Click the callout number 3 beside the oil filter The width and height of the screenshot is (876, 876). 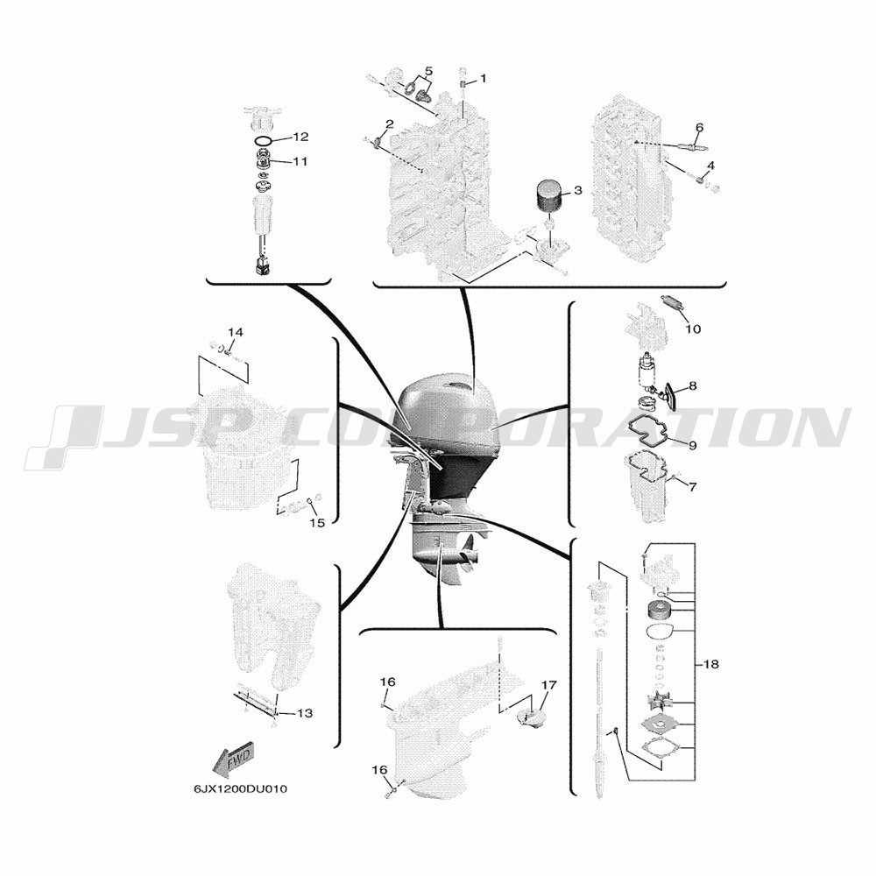pos(577,190)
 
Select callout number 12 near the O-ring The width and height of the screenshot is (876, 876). pos(300,137)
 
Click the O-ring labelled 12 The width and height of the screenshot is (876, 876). pos(263,139)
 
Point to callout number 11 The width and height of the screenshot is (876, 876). pos(300,161)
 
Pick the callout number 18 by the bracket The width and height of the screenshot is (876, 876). pos(711,664)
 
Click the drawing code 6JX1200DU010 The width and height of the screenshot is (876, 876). pos(240,789)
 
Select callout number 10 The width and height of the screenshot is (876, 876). pos(693,329)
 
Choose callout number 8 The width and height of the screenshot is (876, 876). pos(693,385)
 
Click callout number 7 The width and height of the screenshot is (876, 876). pos(693,487)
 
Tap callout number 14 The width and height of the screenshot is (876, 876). pos(236,332)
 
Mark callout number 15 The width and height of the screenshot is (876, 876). pos(317,524)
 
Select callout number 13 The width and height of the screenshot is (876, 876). pos(305,713)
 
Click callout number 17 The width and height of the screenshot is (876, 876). pos(548,684)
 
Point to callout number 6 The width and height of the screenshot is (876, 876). pos(699,127)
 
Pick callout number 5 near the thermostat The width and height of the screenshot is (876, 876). pos(428,71)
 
